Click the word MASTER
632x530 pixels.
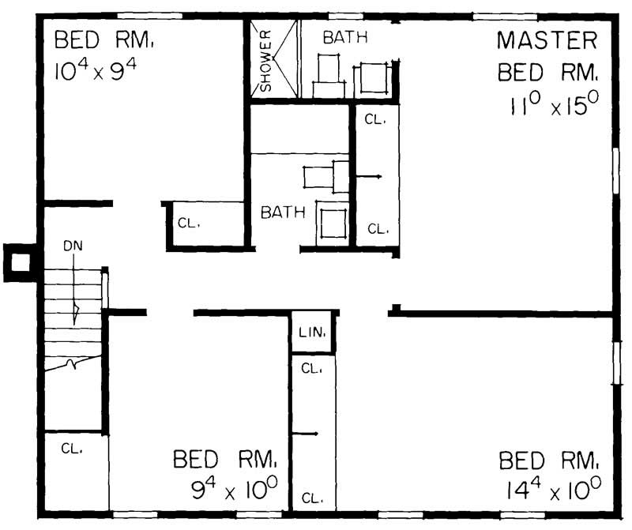click(547, 40)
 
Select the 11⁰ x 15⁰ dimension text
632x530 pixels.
click(551, 106)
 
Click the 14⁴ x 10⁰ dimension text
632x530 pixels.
click(551, 490)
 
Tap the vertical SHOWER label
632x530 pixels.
click(266, 60)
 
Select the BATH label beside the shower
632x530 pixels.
click(344, 36)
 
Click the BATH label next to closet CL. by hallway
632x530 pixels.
click(283, 212)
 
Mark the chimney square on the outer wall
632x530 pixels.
click(19, 261)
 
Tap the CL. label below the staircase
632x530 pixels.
click(71, 448)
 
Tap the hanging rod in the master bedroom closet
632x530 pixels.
click(367, 175)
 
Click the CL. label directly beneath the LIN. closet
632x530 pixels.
click(311, 369)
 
